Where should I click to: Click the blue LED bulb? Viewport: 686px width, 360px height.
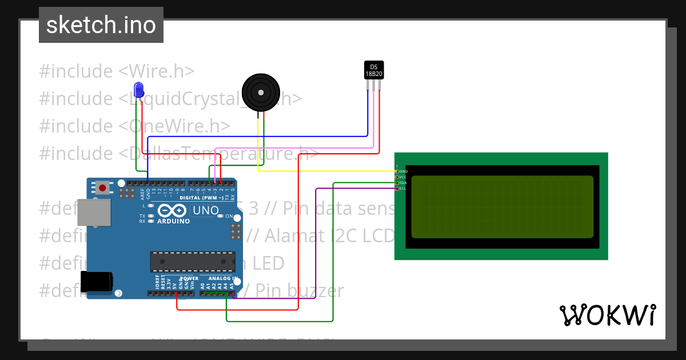pyautogui.click(x=138, y=89)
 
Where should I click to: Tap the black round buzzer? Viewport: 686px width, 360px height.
pyautogui.click(x=261, y=92)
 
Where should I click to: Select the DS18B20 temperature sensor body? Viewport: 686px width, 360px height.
pyautogui.click(x=374, y=70)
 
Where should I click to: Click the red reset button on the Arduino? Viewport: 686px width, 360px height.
pyautogui.click(x=103, y=187)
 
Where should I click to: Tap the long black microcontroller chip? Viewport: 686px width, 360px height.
pyautogui.click(x=192, y=261)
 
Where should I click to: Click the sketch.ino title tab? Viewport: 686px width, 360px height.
pyautogui.click(x=101, y=25)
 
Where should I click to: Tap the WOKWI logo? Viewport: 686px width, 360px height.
pyautogui.click(x=607, y=315)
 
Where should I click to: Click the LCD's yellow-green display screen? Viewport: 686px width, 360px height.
pyautogui.click(x=502, y=207)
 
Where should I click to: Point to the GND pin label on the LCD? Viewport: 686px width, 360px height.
pyautogui.click(x=403, y=171)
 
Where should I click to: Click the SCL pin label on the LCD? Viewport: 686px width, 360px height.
pyautogui.click(x=402, y=189)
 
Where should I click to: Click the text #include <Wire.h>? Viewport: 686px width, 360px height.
pyautogui.click(x=117, y=71)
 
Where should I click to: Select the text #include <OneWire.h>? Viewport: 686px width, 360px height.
pyautogui.click(x=134, y=126)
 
